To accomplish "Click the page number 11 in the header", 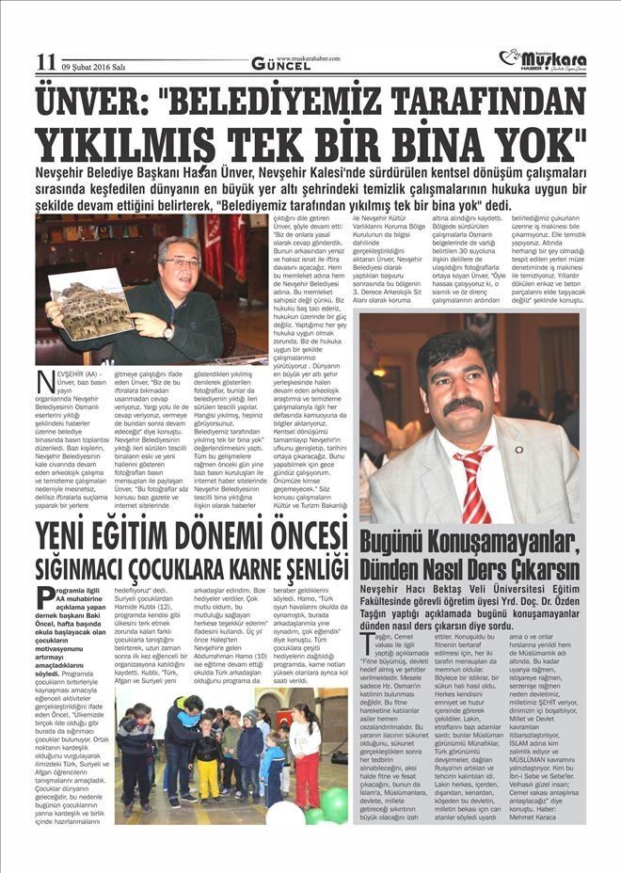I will click(x=45, y=62).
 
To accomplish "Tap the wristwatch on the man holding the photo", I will click(x=168, y=330).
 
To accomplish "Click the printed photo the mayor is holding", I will click(x=89, y=303).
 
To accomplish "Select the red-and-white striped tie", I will click(x=473, y=483).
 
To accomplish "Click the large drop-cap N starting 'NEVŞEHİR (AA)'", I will click(x=45, y=385).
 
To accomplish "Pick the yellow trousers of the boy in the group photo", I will click(x=207, y=778).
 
